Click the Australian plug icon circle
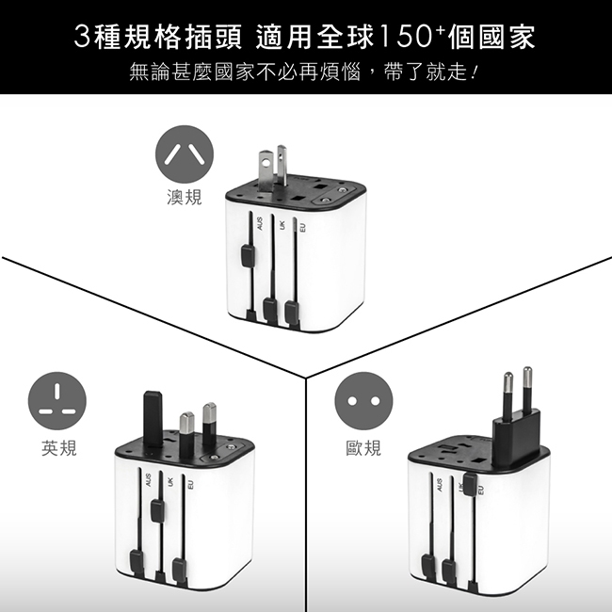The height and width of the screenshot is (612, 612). coord(185,154)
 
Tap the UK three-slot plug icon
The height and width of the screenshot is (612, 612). coord(57,401)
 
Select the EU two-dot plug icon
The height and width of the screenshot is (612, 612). coord(363,401)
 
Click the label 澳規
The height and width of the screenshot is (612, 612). coord(185,197)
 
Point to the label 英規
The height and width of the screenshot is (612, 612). coord(59,447)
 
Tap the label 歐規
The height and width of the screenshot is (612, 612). coord(363,447)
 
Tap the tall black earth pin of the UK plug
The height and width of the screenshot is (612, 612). coord(153,419)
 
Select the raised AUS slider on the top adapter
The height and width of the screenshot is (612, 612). coord(248,256)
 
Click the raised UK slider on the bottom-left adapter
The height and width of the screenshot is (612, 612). coord(157,510)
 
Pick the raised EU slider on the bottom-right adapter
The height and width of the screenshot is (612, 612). coord(471,484)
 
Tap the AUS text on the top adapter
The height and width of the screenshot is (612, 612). coord(260,224)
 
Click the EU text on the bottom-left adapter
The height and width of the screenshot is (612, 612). coord(190,485)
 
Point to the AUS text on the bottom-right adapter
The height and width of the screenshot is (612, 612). coord(440,485)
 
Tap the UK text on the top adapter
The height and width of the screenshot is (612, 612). coord(282,225)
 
